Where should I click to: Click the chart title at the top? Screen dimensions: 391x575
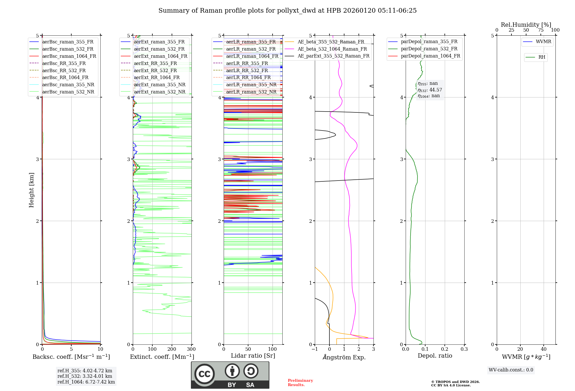287,11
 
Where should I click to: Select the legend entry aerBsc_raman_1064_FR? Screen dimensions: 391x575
69,56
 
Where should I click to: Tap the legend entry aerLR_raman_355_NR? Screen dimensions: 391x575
251,85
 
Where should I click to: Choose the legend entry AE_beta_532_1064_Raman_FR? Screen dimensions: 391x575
332,49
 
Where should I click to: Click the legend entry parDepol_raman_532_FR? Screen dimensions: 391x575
429,49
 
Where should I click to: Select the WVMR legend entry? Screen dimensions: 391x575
543,42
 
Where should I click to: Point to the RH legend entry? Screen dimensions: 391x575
542,57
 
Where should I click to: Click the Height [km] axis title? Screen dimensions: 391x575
31,190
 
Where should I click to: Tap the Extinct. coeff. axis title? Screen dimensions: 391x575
162,357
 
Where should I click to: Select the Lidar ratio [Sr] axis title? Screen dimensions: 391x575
253,356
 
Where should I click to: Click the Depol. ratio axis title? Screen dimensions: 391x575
435,356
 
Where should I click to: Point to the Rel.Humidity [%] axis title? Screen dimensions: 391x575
526,25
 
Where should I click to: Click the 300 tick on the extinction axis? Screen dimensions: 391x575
191,349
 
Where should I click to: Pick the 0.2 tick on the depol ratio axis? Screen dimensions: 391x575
445,349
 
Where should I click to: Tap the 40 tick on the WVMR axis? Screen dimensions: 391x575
544,349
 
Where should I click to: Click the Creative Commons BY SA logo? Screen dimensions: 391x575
230,375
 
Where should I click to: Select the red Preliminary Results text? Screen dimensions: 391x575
300,383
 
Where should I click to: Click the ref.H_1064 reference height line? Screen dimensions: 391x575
86,382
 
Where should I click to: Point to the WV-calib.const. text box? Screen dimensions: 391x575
511,370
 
